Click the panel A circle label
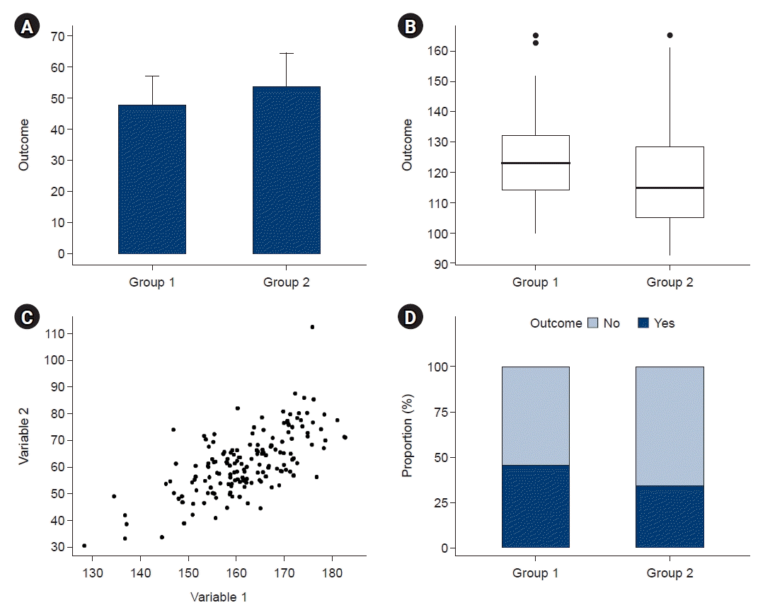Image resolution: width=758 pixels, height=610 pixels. click(26, 28)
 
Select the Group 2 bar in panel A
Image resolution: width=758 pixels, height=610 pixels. click(286, 170)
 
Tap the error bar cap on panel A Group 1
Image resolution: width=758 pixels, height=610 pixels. click(151, 76)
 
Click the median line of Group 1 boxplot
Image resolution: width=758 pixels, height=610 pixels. click(535, 163)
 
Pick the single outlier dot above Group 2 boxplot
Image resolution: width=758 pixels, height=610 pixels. click(670, 35)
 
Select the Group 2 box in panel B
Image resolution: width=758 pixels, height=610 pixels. click(670, 182)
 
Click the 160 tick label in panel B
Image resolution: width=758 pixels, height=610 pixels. click(437, 51)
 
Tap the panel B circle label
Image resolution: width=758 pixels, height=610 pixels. click(410, 28)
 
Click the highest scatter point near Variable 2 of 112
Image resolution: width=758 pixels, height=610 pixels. click(312, 327)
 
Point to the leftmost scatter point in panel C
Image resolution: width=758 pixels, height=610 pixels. click(84, 546)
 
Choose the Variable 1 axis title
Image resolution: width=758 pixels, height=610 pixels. click(219, 597)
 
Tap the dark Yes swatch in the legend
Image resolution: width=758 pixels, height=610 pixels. click(643, 323)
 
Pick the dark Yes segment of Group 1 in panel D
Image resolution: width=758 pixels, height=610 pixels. click(535, 506)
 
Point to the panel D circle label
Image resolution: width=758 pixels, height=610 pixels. click(410, 318)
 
